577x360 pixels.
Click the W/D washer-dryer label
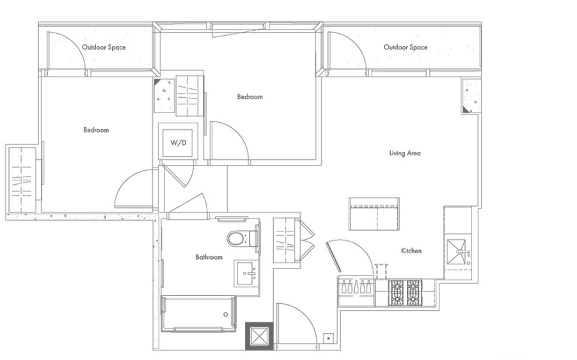pos(178,143)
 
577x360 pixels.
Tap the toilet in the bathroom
pos(243,239)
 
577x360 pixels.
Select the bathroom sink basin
pos(246,273)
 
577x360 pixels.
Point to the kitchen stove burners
pos(405,292)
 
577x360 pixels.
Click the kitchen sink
pos(458,252)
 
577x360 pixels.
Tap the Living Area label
pos(405,153)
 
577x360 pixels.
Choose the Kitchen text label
pos(411,251)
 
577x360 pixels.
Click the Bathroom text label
pos(209,257)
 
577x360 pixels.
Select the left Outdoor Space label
pos(104,47)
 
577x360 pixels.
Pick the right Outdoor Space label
pos(406,47)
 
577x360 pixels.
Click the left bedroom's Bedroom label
pos(96,130)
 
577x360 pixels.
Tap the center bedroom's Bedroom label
pos(250,97)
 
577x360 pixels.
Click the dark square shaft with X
pos(260,336)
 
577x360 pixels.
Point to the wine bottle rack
pos(356,286)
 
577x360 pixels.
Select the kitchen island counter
pos(374,214)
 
